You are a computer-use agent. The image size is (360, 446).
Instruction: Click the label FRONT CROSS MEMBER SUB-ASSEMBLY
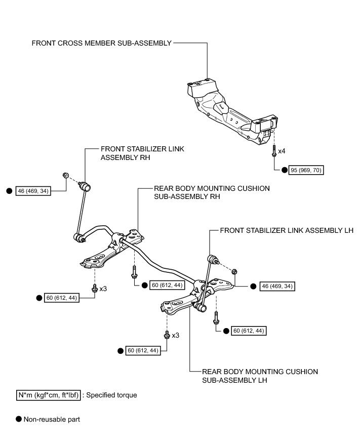pos(101,43)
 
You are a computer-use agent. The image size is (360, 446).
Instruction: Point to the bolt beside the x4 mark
pos(273,150)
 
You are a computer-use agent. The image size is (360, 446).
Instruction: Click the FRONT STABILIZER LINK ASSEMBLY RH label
pos(142,153)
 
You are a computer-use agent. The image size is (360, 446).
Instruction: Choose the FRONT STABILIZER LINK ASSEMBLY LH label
pos(287,230)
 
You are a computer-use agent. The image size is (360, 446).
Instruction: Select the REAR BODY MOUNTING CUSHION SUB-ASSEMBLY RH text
pos(212,192)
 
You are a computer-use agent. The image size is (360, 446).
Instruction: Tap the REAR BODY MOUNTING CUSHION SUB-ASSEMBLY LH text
pos(260,376)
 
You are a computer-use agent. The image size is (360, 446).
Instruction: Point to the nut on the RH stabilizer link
pos(66,175)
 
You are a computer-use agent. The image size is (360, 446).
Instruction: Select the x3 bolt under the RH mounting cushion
pos(94,289)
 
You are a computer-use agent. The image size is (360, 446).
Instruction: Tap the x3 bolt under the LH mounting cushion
pos(167,335)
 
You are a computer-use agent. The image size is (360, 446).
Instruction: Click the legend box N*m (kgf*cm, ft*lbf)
pos(48,394)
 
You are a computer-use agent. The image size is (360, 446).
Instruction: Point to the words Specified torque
pos(111,394)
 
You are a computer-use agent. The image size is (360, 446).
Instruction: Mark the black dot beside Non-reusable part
pos(19,419)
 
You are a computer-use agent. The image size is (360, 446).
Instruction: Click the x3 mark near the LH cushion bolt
pos(176,335)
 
